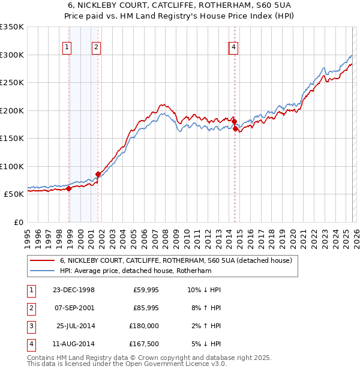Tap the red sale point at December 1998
point(69,188)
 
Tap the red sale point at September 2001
point(98,174)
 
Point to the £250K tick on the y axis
point(12,83)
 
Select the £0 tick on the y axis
point(18,222)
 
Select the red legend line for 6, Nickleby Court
point(41,261)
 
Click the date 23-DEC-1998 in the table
point(73,290)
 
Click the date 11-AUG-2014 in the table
point(73,344)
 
